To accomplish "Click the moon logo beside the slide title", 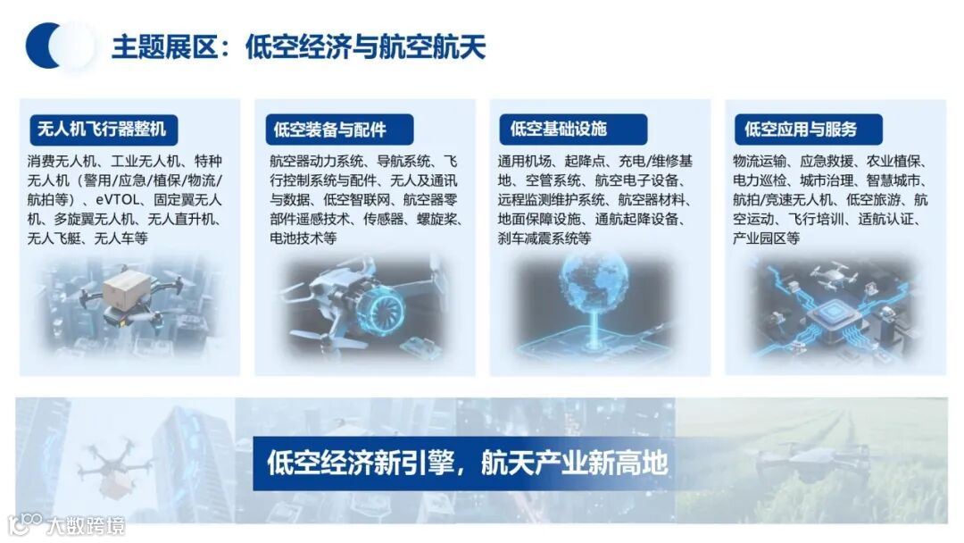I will [x=58, y=46].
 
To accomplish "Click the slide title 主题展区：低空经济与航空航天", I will [x=298, y=46].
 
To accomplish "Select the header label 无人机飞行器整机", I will [x=102, y=129].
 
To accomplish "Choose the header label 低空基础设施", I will [x=559, y=129].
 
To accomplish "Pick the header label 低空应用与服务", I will [x=801, y=129].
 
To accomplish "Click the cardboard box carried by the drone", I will [x=126, y=288].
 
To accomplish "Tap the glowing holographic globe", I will [x=593, y=285].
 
